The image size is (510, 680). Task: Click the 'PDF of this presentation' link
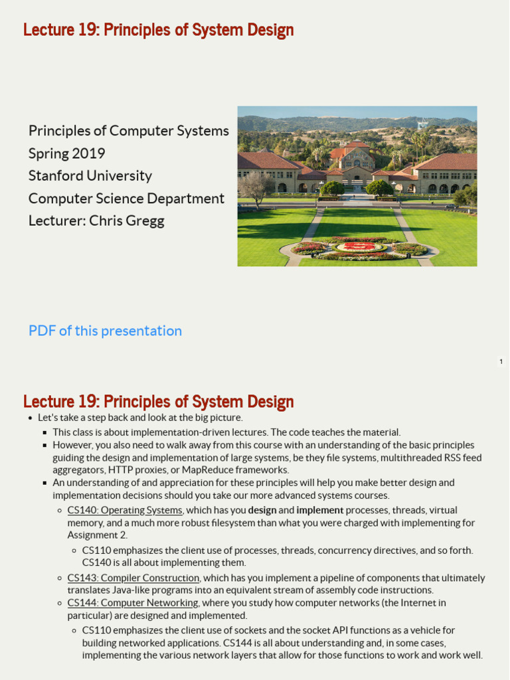105,331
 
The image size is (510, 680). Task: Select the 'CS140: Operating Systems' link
125,510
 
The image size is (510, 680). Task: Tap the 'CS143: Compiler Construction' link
133,578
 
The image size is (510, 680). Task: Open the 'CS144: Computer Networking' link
133,603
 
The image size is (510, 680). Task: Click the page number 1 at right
501,362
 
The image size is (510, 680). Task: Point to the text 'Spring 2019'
66,153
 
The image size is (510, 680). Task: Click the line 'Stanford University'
90,176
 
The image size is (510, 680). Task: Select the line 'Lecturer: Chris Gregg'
96,221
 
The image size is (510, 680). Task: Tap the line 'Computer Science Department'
126,199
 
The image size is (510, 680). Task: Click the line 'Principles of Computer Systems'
128,131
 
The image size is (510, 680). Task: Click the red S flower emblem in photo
359,247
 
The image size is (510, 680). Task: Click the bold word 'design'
262,510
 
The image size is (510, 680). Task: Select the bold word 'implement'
320,510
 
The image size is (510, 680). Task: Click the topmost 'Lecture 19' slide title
158,30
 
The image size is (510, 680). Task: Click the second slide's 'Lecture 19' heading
158,402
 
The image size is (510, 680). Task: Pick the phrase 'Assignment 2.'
98,535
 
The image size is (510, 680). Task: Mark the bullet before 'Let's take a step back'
30,418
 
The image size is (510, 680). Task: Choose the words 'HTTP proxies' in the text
133,470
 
